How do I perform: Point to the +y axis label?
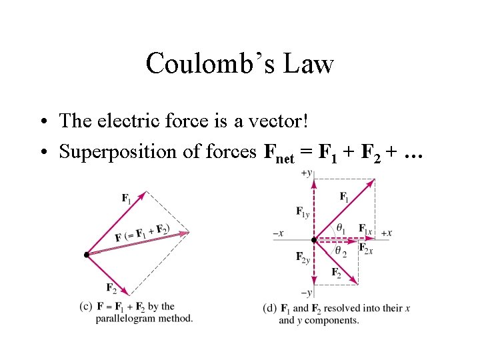[x=307, y=173]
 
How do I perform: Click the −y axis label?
[x=307, y=293]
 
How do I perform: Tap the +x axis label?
[x=386, y=233]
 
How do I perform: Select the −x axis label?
[x=279, y=233]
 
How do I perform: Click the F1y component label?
[x=302, y=211]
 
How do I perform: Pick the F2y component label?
[x=301, y=257]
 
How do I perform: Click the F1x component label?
[x=364, y=228]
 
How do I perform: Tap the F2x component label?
[x=365, y=248]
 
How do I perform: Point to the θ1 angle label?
[x=341, y=227]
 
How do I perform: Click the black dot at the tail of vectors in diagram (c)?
[x=87, y=255]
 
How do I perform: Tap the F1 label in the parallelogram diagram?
[x=126, y=197]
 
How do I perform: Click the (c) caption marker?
[x=85, y=307]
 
